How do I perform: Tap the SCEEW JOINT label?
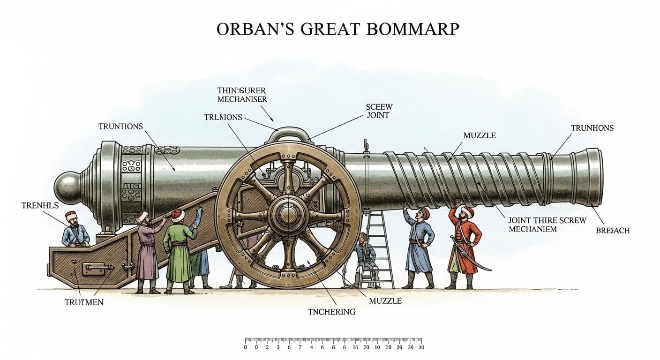(x=377, y=111)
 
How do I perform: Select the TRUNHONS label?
(x=592, y=128)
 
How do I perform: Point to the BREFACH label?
(x=613, y=231)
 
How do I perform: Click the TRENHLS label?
(x=40, y=205)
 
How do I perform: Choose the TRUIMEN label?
(x=84, y=302)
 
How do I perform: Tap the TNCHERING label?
(x=331, y=312)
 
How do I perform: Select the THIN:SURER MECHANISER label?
(x=242, y=95)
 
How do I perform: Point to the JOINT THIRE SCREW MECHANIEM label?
(x=547, y=225)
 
